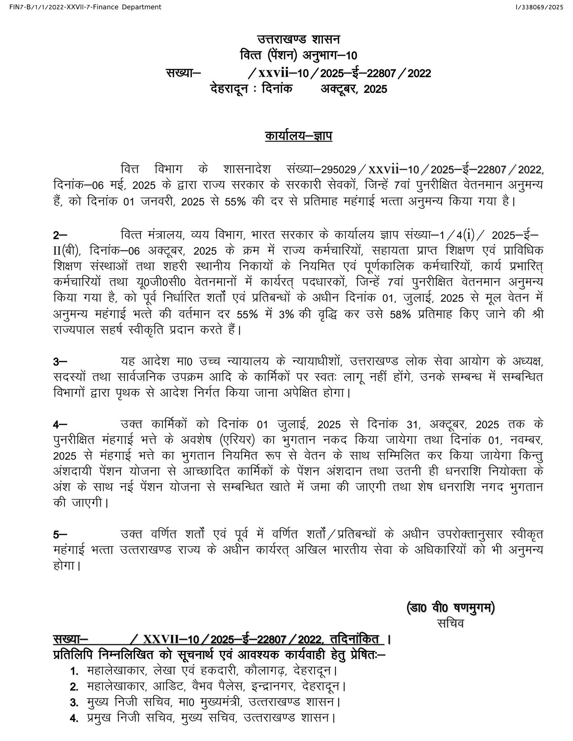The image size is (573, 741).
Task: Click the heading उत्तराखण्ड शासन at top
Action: coord(299,39)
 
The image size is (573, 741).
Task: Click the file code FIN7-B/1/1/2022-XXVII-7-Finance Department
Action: coord(81,7)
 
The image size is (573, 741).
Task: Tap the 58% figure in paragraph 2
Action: coord(400,314)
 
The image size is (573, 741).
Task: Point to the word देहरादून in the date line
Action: coord(229,89)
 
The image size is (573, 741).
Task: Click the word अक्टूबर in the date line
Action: coord(338,89)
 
